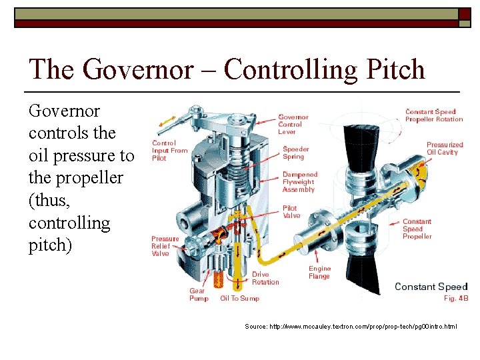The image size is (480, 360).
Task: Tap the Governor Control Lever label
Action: click(293, 124)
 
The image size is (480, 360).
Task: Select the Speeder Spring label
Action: click(296, 153)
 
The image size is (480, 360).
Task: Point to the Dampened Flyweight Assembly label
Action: click(299, 182)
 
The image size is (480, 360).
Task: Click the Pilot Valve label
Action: click(291, 212)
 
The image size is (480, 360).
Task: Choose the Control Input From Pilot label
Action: click(169, 150)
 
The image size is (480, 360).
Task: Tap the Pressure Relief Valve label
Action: click(165, 246)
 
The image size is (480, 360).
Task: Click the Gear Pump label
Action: click(199, 294)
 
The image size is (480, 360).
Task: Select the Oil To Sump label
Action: click(239, 298)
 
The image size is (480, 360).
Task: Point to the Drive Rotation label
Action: click(265, 278)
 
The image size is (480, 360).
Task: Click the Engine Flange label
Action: click(319, 272)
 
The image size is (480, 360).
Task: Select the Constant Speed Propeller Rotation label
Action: click(433, 115)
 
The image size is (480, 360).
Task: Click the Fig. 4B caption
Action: click(456, 298)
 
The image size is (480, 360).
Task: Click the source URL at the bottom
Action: click(350, 327)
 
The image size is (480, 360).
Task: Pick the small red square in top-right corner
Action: click(464, 13)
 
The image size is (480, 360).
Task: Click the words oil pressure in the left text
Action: click(74, 155)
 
